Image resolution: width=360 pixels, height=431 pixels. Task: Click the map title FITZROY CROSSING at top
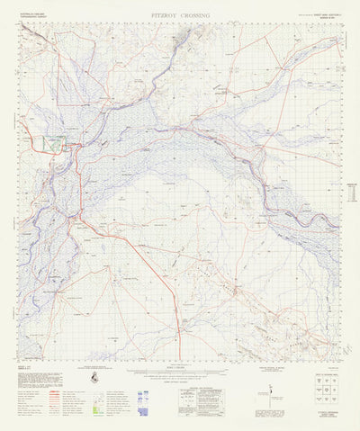[x=180, y=16]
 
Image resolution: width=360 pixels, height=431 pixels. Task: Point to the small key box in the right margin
[x=338, y=189]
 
